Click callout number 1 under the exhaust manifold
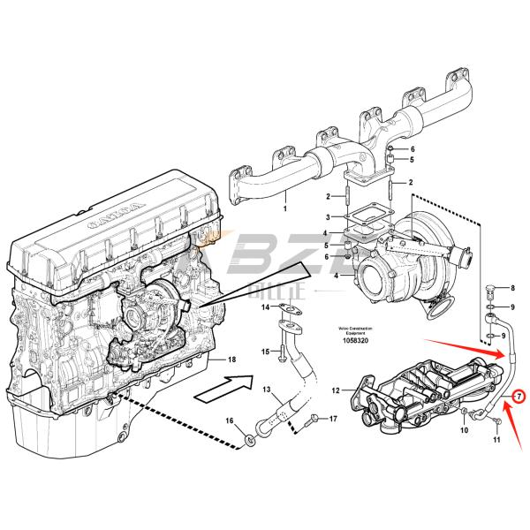pyautogui.click(x=285, y=209)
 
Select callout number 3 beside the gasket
pyautogui.click(x=328, y=216)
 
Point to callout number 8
pyautogui.click(x=510, y=289)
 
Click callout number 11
pyautogui.click(x=496, y=439)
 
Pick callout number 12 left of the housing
pyautogui.click(x=336, y=390)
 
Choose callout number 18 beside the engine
pyautogui.click(x=232, y=360)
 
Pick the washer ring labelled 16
pyautogui.click(x=251, y=436)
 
